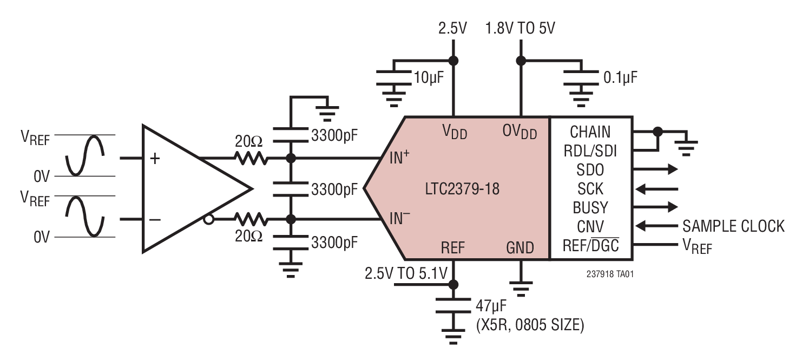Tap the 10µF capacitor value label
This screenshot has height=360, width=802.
point(428,77)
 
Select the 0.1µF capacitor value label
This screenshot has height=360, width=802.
point(620,77)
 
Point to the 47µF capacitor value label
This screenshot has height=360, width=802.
point(491,307)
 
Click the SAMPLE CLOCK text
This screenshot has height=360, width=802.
point(733,226)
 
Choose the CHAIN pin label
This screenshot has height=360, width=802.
point(590,132)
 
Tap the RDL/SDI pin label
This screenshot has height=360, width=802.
point(590,151)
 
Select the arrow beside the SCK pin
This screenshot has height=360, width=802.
point(657,189)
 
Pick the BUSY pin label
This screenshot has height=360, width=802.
point(590,208)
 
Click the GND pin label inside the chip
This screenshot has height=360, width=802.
point(520,248)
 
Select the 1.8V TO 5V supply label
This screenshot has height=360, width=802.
point(520,28)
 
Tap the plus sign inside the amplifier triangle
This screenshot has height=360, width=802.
point(155,158)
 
